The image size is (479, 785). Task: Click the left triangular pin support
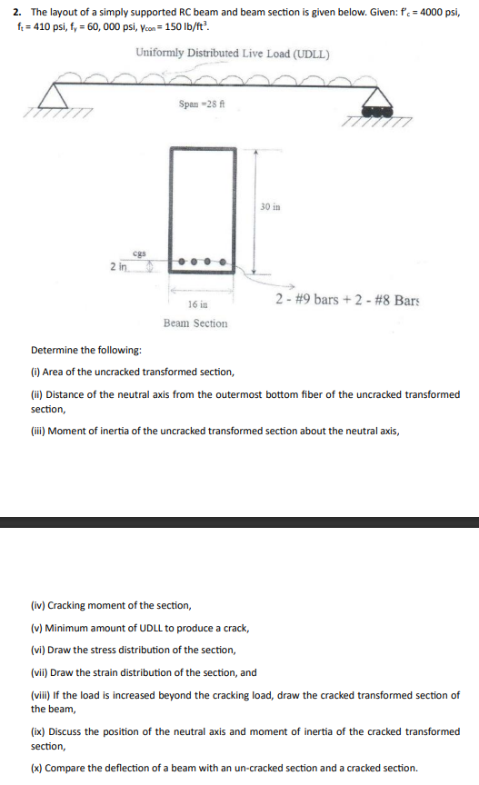pos(61,96)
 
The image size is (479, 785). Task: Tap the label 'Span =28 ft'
pos(201,106)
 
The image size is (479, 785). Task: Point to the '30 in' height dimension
pos(271,206)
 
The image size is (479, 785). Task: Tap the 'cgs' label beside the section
pos(140,254)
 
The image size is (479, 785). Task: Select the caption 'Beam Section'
pos(195,323)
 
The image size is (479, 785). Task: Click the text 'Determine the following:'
pos(86,350)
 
